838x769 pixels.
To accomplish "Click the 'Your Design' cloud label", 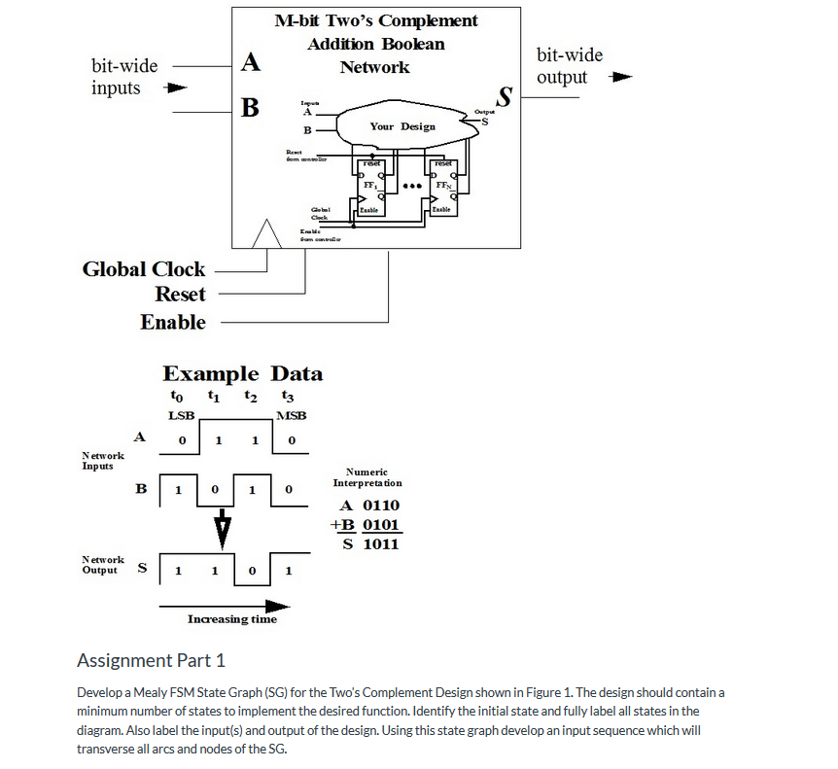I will pos(402,126).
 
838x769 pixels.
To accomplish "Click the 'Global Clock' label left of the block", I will pos(143,269).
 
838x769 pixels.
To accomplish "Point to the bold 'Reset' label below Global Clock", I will pos(180,295).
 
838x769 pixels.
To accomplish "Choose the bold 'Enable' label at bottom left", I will pos(173,322).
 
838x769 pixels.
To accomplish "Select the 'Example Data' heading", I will pos(242,374).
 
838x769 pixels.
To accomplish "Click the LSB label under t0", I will pos(182,415).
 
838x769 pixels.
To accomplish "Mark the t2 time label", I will pos(250,397).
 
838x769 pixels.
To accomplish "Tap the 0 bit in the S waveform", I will pos(252,571).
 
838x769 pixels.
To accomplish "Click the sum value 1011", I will pos(381,543).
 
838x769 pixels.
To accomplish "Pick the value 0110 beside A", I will pos(381,506).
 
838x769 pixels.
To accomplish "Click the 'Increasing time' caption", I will pos(231,619).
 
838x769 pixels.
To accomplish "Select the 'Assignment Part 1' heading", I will pos(151,661).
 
